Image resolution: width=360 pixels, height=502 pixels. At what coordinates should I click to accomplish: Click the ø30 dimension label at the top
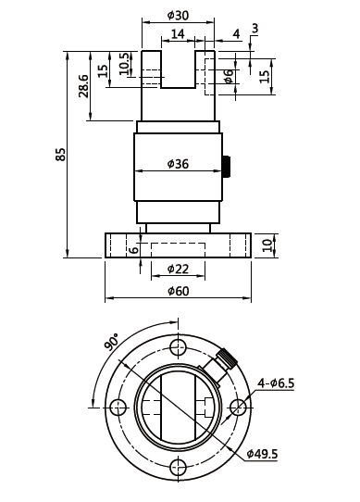tap(178, 15)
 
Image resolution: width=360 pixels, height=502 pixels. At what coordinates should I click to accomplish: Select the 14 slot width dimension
tap(178, 33)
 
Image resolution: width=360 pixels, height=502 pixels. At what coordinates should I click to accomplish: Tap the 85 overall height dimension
tap(60, 154)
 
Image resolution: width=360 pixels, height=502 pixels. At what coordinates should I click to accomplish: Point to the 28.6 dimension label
tap(84, 86)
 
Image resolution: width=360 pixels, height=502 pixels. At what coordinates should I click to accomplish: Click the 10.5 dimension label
tap(125, 63)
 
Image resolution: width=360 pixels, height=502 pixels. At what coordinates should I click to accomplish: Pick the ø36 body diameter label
tap(178, 164)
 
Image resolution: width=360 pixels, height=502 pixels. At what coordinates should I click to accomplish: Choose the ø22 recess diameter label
tap(178, 269)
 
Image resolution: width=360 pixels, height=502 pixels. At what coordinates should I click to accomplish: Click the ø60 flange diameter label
tap(178, 291)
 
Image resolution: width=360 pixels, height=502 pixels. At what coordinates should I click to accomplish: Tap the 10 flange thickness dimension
tap(268, 245)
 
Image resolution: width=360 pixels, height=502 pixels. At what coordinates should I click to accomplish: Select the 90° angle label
tap(111, 342)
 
